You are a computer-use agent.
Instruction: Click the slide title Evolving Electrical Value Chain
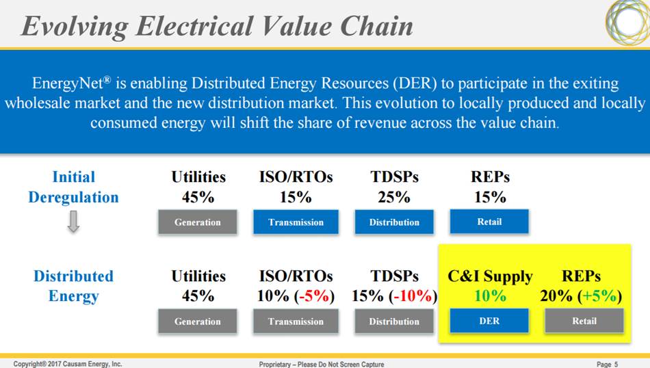tap(217, 25)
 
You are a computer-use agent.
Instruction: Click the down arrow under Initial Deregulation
tap(73, 222)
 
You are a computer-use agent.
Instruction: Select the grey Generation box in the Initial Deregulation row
tap(198, 222)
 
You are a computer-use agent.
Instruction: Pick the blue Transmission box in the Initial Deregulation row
tap(296, 222)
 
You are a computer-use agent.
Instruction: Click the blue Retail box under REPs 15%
tap(489, 221)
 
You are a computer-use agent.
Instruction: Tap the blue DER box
tap(489, 321)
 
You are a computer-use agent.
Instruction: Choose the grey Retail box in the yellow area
tap(584, 321)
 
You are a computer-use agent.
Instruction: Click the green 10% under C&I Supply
tap(489, 296)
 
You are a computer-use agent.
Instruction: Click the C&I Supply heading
tap(489, 276)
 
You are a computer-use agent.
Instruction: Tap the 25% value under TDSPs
tap(394, 197)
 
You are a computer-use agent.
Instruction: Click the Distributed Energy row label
tap(73, 286)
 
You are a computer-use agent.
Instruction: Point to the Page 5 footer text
tap(606, 364)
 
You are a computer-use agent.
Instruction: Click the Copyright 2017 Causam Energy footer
tap(68, 364)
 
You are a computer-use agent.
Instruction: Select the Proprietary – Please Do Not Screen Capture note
tap(322, 364)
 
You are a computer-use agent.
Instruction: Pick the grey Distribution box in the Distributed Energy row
tap(394, 321)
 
